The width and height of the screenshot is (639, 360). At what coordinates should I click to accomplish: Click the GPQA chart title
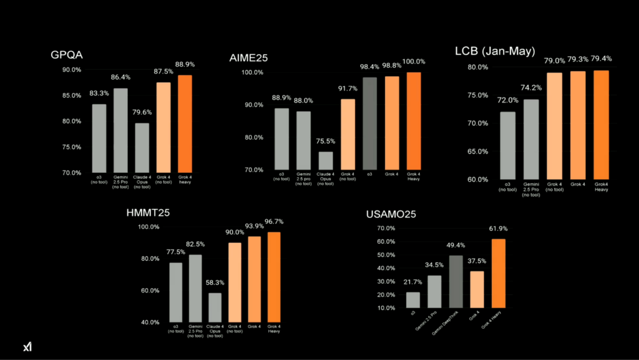pyautogui.click(x=67, y=56)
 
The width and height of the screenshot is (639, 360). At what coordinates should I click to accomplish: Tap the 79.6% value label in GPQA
pyautogui.click(x=142, y=113)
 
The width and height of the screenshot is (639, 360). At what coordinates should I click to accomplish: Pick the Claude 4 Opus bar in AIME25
pyautogui.click(x=326, y=160)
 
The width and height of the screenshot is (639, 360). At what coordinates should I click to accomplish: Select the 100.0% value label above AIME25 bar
pyautogui.click(x=413, y=62)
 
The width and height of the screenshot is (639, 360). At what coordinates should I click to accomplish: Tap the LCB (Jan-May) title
pyautogui.click(x=495, y=51)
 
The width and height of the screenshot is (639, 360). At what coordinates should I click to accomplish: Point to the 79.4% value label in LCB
pyautogui.click(x=602, y=59)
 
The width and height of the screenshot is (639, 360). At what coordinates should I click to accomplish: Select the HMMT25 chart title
pyautogui.click(x=148, y=213)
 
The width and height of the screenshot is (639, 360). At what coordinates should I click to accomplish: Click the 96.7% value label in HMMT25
pyautogui.click(x=273, y=221)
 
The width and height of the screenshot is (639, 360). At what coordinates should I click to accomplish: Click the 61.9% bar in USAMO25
pyautogui.click(x=498, y=273)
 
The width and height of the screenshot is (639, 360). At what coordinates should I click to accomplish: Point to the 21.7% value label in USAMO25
pyautogui.click(x=412, y=282)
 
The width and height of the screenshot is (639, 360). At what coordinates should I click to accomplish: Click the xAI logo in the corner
pyautogui.click(x=27, y=347)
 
